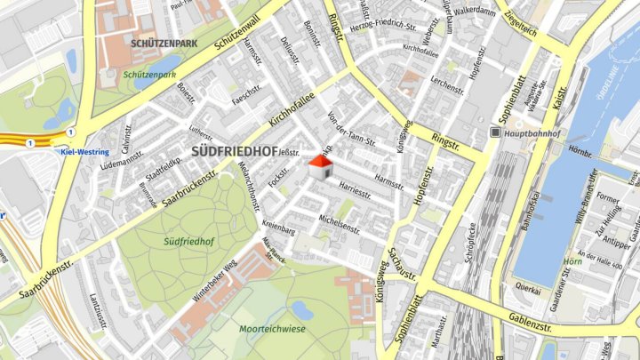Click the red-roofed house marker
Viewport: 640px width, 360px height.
[319, 166]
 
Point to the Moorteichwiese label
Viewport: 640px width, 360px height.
[272, 328]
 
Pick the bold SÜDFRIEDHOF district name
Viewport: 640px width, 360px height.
[234, 151]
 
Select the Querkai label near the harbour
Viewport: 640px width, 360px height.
[529, 289]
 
